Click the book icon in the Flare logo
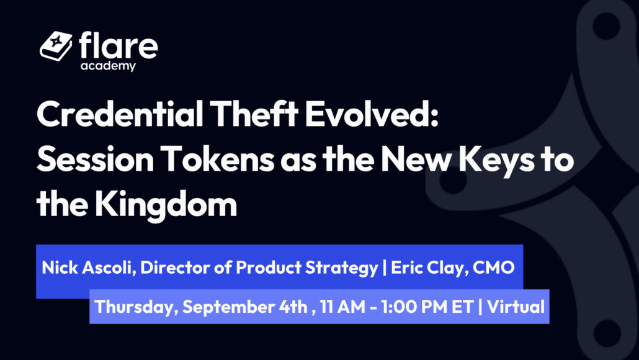tap(56, 46)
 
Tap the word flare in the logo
tap(118, 46)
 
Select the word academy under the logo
tap(108, 66)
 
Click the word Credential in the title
tap(120, 114)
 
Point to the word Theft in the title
tap(254, 114)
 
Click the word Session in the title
tap(95, 159)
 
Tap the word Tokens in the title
tap(217, 159)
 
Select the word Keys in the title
tap(496, 160)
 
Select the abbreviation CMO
tap(493, 268)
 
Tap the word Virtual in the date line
tap(516, 307)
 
